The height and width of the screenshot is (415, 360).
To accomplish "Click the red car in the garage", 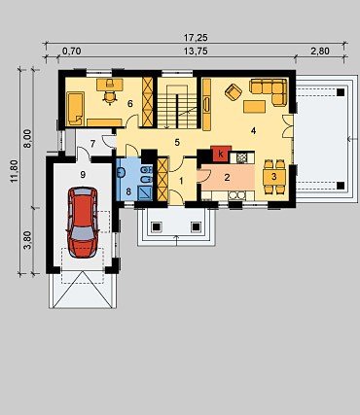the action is (x=83, y=223).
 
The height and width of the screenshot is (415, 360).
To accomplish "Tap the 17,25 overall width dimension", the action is (x=196, y=38).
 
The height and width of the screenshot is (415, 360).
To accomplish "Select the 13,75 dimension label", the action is (x=196, y=52).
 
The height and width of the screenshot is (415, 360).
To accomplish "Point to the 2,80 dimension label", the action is (x=320, y=52).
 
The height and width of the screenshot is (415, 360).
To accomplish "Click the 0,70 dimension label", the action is (x=71, y=52).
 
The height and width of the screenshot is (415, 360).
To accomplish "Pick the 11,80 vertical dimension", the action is (x=15, y=171).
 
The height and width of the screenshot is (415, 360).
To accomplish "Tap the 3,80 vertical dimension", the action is (x=29, y=240).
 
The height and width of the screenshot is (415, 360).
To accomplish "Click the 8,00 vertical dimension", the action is (x=28, y=138).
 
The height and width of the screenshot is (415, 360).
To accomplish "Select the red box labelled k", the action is (x=221, y=154).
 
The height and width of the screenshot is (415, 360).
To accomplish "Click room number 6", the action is (x=130, y=104).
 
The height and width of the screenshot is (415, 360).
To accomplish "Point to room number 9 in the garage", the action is (x=83, y=175).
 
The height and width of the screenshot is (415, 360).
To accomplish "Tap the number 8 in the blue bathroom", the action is (x=128, y=191).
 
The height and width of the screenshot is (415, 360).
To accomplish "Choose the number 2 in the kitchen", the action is (x=227, y=177).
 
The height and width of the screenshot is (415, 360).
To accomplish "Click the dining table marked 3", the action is (x=274, y=177).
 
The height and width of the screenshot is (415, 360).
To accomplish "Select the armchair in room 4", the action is (x=234, y=92).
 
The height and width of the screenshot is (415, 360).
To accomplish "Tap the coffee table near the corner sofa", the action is (x=255, y=107).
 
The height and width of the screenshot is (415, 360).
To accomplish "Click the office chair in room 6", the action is (x=110, y=96).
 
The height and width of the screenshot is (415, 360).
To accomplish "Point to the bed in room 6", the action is (x=76, y=109).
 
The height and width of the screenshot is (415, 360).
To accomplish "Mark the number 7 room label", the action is (x=92, y=144).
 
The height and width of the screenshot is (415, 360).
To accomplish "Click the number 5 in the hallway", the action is (x=177, y=142).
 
